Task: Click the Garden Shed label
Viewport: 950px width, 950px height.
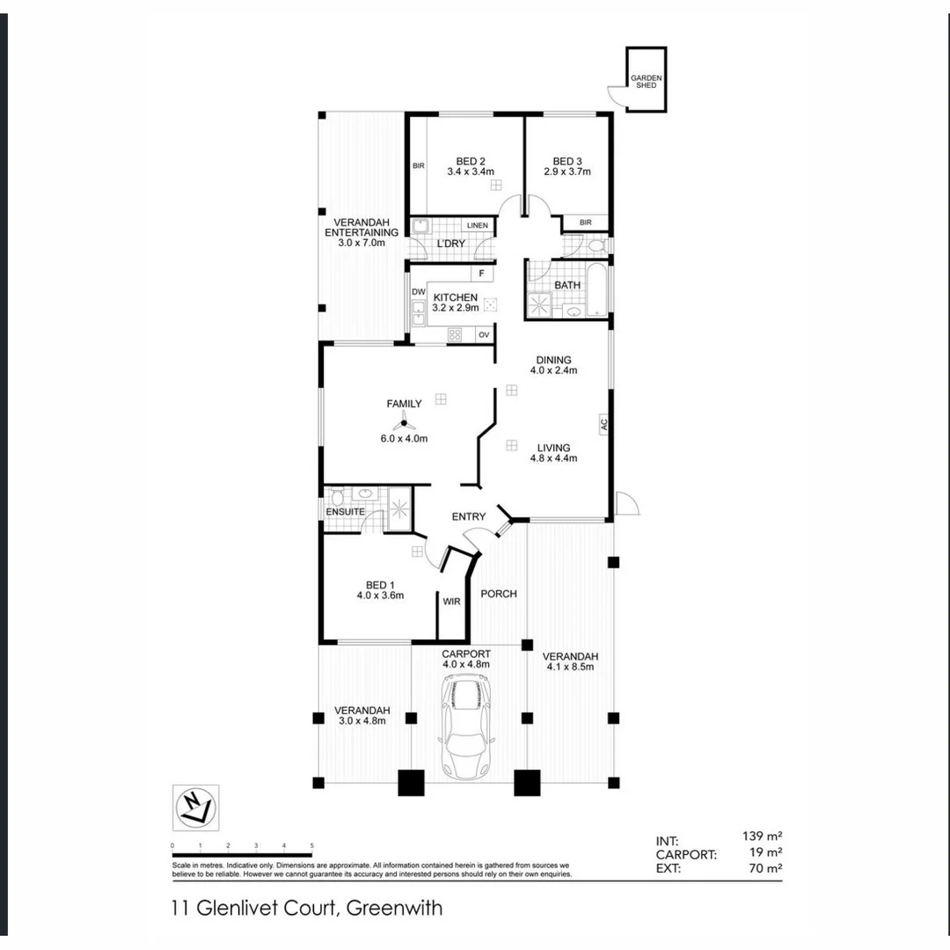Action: pyautogui.click(x=646, y=82)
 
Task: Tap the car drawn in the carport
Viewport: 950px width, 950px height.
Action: pyautogui.click(x=465, y=727)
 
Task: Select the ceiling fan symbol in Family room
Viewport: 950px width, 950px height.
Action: pyautogui.click(x=405, y=425)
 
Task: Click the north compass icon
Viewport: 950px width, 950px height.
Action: pyautogui.click(x=195, y=807)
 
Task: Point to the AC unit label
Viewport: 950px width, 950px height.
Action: pyautogui.click(x=604, y=423)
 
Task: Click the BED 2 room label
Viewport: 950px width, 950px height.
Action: pyautogui.click(x=471, y=161)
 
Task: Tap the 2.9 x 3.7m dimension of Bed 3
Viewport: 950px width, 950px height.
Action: pyautogui.click(x=567, y=172)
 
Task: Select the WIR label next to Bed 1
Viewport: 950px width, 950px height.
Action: pyautogui.click(x=452, y=603)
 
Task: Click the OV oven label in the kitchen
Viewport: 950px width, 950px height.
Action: pyautogui.click(x=483, y=335)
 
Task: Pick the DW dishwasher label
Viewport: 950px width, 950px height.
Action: pyautogui.click(x=418, y=292)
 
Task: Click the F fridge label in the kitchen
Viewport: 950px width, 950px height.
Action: pyautogui.click(x=481, y=274)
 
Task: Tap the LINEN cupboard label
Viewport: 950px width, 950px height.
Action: pyautogui.click(x=477, y=226)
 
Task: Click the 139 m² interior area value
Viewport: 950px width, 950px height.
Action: pyautogui.click(x=762, y=837)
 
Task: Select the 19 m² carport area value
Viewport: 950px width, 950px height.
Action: pyautogui.click(x=765, y=852)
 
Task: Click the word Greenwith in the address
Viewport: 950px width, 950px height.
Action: pyautogui.click(x=395, y=908)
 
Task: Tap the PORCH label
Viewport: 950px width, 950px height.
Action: pyautogui.click(x=499, y=594)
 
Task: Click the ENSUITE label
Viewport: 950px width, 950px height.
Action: pyautogui.click(x=344, y=511)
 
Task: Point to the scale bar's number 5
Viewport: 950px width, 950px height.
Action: pyautogui.click(x=311, y=845)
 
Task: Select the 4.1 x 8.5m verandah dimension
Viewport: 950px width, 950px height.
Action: pyautogui.click(x=570, y=667)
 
